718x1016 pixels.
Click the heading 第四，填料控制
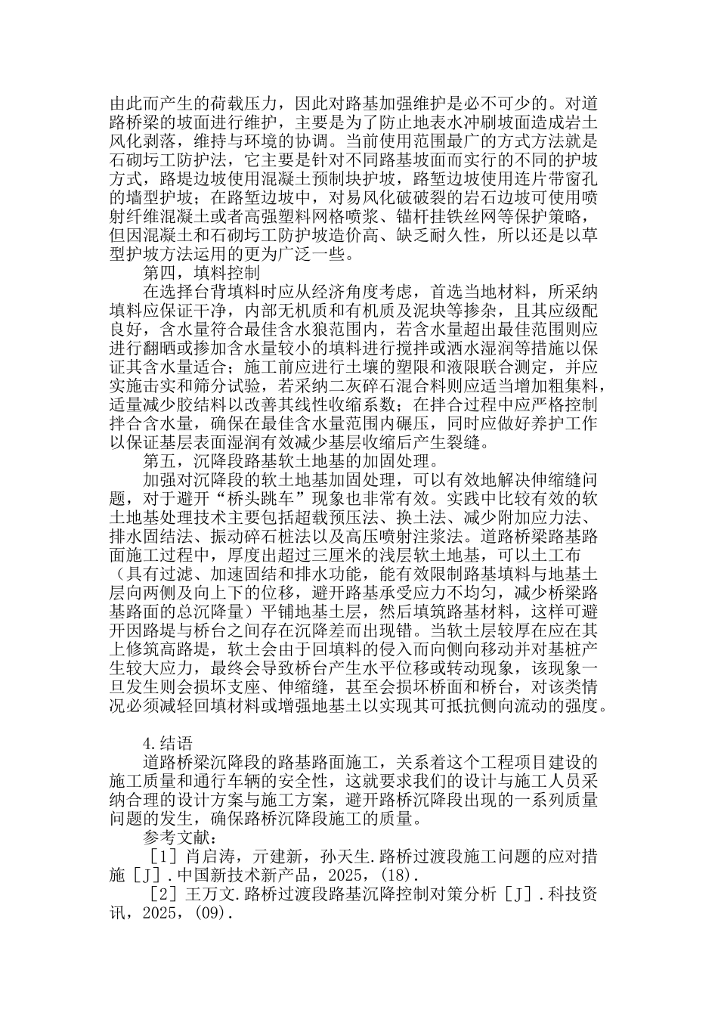coord(202,272)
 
